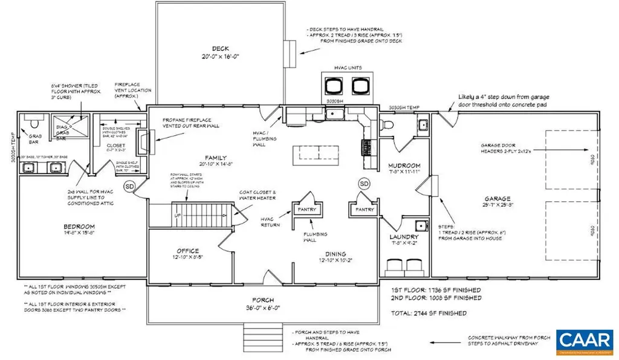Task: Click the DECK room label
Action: point(219,49)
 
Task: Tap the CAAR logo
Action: point(583,341)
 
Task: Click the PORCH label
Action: point(264,300)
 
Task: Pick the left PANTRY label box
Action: point(307,209)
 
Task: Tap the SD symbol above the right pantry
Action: point(364,183)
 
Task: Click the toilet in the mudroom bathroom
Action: point(389,126)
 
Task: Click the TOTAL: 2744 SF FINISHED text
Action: point(429,313)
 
